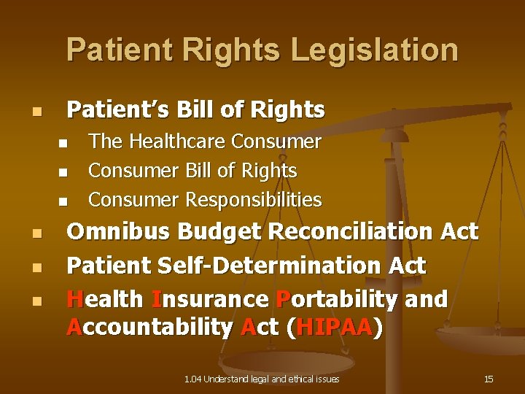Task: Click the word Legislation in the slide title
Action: [375, 50]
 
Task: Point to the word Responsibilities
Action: [253, 199]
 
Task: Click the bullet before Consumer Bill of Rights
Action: [63, 172]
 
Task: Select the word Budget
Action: [221, 232]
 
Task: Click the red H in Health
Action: [74, 299]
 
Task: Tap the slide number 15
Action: [489, 379]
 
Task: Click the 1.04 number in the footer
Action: [192, 379]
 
